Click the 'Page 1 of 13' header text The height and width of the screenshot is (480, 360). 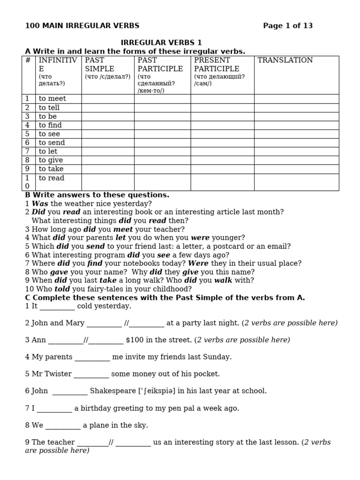pos(287,26)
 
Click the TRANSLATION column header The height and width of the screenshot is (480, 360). pos(285,60)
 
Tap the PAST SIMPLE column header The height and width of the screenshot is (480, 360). pos(100,64)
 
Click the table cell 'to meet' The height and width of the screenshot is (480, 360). pos(52,98)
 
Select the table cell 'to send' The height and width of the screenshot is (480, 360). pos(52,142)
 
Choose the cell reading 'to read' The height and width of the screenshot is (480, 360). pos(52,178)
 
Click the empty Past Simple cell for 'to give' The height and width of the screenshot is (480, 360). pos(108,160)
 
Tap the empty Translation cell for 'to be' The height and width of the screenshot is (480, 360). pos(296,116)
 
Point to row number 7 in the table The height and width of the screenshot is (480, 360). pos(27,151)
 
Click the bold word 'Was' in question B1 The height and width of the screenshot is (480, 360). pos(40,203)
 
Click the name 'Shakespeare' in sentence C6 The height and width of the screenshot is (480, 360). pos(112,391)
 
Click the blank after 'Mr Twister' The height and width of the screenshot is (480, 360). pos(91,374)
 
